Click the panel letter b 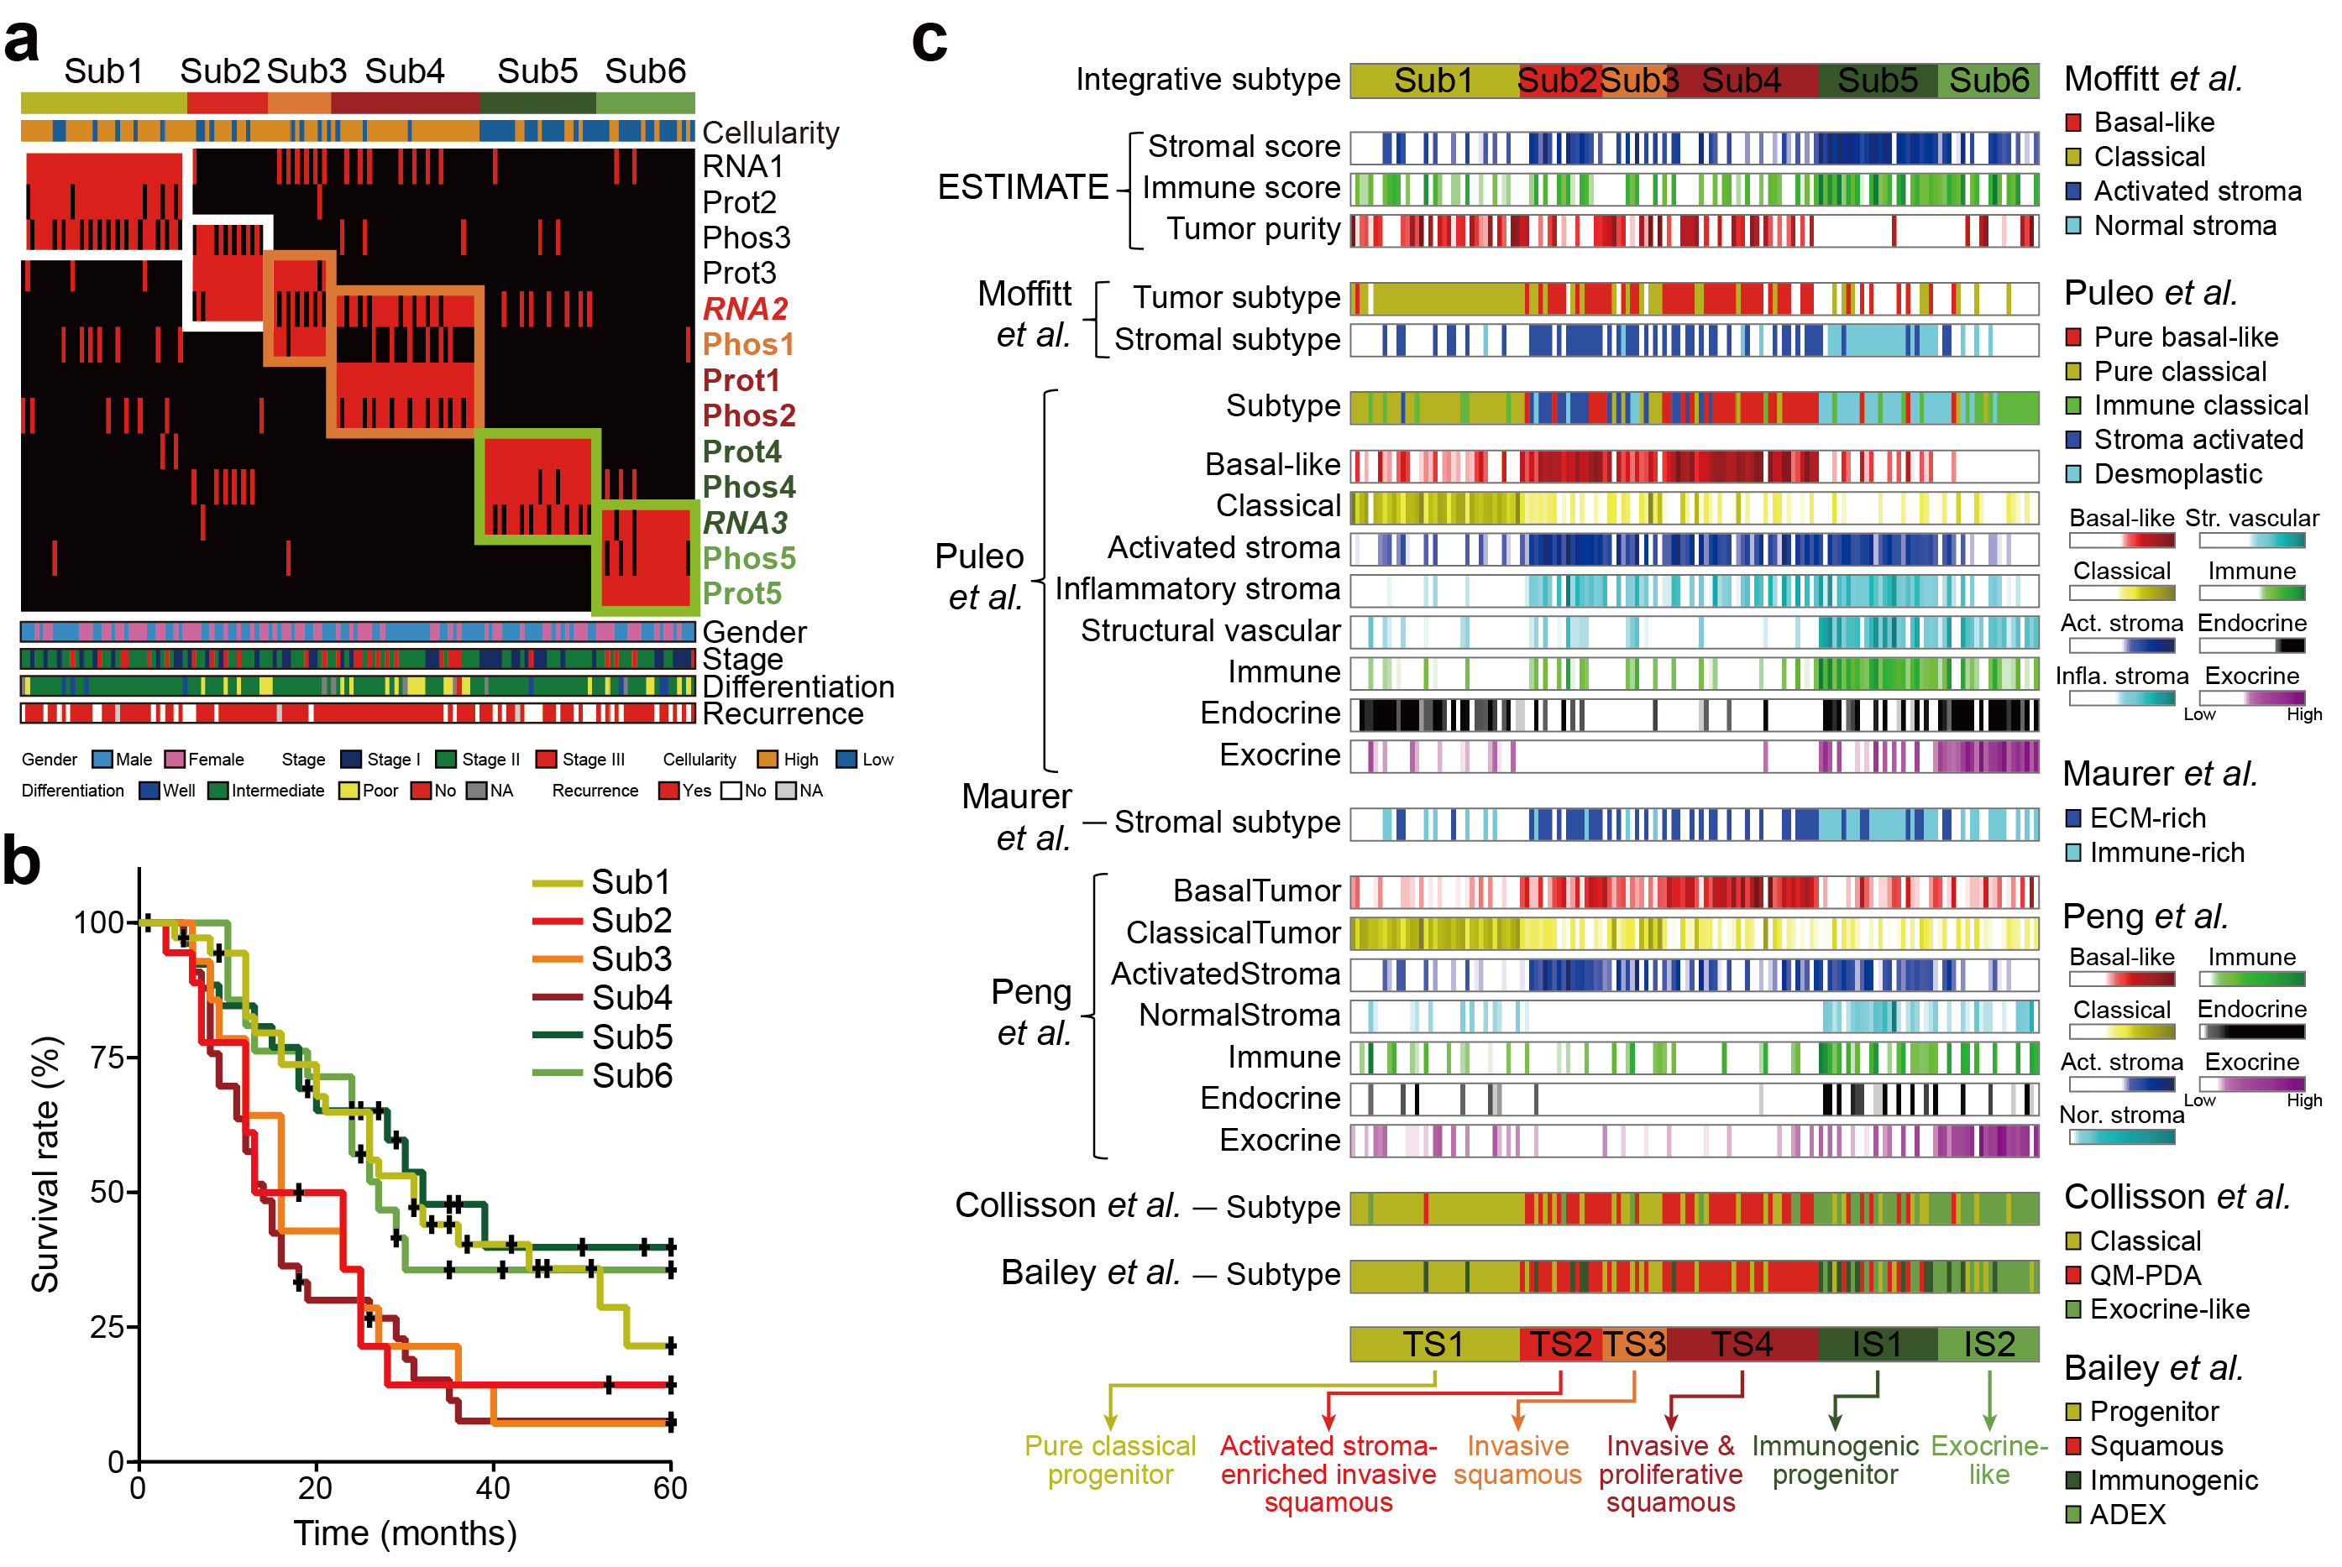(x=22, y=860)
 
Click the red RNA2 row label (x=746, y=309)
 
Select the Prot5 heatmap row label (x=741, y=593)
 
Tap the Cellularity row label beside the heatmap (x=770, y=132)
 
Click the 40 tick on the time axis (x=493, y=1488)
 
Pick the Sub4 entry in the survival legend (x=631, y=997)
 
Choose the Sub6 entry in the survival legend (x=631, y=1075)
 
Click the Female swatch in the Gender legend (x=175, y=760)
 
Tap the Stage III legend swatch (x=546, y=760)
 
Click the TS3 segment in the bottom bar (x=1634, y=1344)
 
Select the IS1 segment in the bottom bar (x=1876, y=1344)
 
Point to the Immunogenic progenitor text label (x=1834, y=1460)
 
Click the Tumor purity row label (x=1254, y=229)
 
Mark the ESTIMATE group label (x=1023, y=187)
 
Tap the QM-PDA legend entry (x=2146, y=1275)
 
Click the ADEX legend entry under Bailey (x=2127, y=1515)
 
